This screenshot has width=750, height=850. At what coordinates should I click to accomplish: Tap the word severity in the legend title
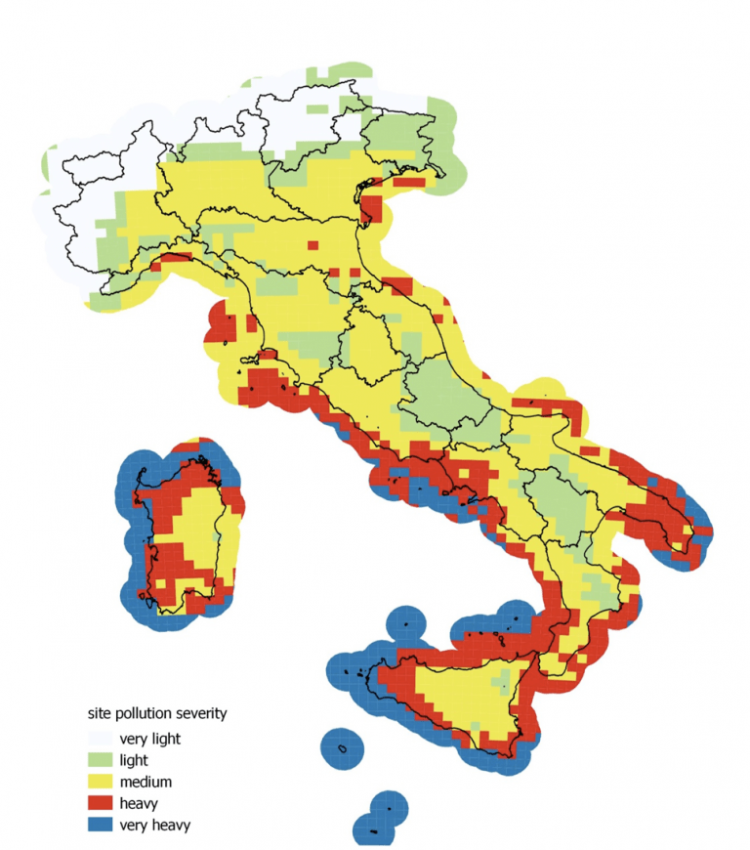point(199,713)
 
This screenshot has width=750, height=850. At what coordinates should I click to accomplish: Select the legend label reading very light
point(149,738)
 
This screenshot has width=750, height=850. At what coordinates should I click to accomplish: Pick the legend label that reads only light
point(134,759)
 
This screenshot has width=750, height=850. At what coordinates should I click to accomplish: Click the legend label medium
point(146,782)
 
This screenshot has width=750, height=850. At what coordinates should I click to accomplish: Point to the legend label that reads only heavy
point(138,803)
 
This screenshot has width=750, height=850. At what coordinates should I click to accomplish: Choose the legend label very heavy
point(154,826)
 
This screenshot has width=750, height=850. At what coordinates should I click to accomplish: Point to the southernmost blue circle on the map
point(376,829)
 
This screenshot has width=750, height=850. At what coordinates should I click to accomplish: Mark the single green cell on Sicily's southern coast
point(476,728)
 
